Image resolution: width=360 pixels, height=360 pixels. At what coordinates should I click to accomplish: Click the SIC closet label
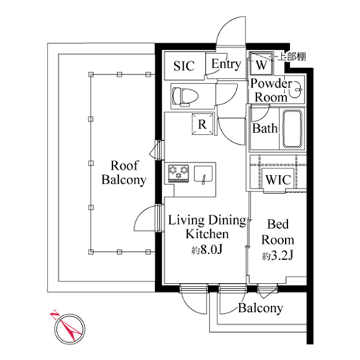pos(184,66)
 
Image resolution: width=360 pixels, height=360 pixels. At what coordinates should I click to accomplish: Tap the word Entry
pos(226,64)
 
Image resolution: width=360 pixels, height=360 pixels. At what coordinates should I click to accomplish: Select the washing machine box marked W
pos(261,64)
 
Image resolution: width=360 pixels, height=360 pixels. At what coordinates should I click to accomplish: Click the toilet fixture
pos(186,96)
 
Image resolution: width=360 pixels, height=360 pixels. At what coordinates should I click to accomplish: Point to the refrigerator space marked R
pos(203,125)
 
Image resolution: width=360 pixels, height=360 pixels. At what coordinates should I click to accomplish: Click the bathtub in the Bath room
pos(292,129)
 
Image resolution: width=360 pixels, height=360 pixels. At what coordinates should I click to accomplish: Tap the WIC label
pos(278,180)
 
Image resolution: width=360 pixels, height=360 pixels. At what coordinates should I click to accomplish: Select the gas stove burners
pos(179,174)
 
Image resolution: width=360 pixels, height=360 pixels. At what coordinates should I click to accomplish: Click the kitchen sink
pos(203,174)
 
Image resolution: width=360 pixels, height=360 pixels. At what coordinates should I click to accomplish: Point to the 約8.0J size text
pos(207,251)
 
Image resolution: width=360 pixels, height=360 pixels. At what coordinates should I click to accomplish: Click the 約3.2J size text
pos(277,256)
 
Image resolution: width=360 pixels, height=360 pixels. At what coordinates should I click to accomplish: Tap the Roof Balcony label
pos(124,173)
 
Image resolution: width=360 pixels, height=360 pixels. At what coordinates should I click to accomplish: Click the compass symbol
pos(69,328)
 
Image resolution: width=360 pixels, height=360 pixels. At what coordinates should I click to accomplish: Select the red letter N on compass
pos(54,315)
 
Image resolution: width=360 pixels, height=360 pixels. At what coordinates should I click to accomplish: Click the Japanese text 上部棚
pos(292,57)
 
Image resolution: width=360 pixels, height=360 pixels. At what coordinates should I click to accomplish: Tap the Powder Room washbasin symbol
pos(296,89)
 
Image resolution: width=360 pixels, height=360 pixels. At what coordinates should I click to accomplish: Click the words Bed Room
pos(278,232)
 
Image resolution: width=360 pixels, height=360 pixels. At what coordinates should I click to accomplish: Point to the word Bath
pos(265,128)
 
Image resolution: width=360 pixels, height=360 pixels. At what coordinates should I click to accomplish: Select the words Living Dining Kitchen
pos(207,227)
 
